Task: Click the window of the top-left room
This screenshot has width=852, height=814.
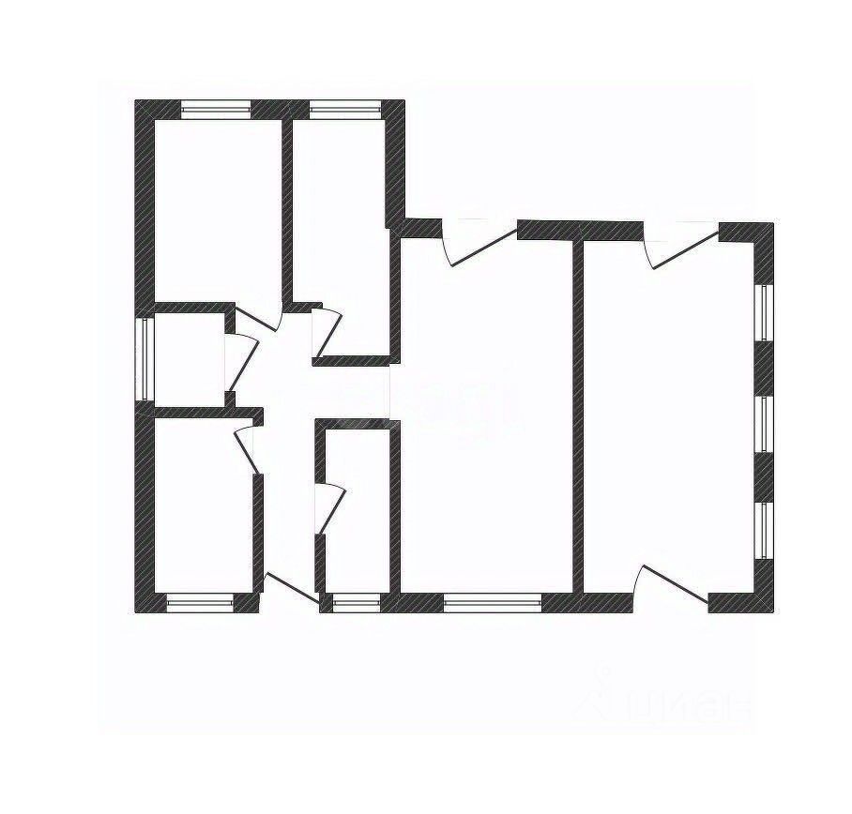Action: coord(216,109)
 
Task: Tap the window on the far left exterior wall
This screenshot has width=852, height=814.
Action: coord(145,360)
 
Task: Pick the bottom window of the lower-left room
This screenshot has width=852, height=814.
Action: coord(199,604)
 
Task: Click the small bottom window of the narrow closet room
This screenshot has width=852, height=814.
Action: coord(351,604)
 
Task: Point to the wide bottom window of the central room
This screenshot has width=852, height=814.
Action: coord(492,604)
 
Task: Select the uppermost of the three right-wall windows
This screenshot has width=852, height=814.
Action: coord(765,312)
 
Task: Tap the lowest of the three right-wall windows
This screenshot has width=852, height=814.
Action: coord(765,531)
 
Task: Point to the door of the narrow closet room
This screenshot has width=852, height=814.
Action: coord(328,506)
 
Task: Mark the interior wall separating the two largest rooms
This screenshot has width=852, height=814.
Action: coord(579,413)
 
